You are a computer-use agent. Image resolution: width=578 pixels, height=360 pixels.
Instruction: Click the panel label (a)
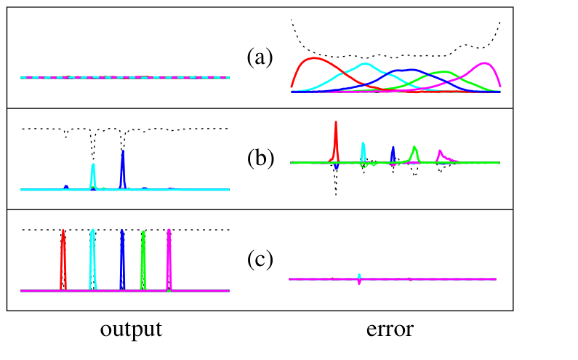260,57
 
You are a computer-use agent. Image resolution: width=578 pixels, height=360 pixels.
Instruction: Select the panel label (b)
260,158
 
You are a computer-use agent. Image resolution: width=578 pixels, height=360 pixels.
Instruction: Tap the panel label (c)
260,260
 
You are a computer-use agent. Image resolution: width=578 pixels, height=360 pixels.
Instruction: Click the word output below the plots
131,329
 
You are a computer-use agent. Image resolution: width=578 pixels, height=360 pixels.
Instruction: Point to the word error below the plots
390,329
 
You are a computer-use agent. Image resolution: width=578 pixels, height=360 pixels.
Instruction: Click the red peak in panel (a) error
314,58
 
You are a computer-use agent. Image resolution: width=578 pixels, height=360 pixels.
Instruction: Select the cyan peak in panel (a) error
364,64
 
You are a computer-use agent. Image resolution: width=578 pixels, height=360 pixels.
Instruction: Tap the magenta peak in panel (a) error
484,63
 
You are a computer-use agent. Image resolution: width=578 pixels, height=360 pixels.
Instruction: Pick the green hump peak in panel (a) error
444,72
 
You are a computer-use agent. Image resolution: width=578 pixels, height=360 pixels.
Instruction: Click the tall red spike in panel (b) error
336,122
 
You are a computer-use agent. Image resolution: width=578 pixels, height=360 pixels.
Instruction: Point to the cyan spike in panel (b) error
363,144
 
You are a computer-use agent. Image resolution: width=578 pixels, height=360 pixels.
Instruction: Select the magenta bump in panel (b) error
440,151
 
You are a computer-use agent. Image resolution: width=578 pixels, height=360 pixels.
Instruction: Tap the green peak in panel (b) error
415,148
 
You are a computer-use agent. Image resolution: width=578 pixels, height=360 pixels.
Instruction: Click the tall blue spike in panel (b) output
123,152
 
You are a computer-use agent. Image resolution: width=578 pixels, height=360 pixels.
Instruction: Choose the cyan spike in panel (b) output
93,165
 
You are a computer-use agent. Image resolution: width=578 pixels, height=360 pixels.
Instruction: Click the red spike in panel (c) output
63,231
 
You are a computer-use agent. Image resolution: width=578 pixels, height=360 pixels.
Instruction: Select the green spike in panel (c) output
143,233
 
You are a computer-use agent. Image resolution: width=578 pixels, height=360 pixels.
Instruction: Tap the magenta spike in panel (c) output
169,231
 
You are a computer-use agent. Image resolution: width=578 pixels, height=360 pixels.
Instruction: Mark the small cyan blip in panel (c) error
359,276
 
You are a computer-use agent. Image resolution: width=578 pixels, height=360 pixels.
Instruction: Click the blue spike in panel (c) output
122,231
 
